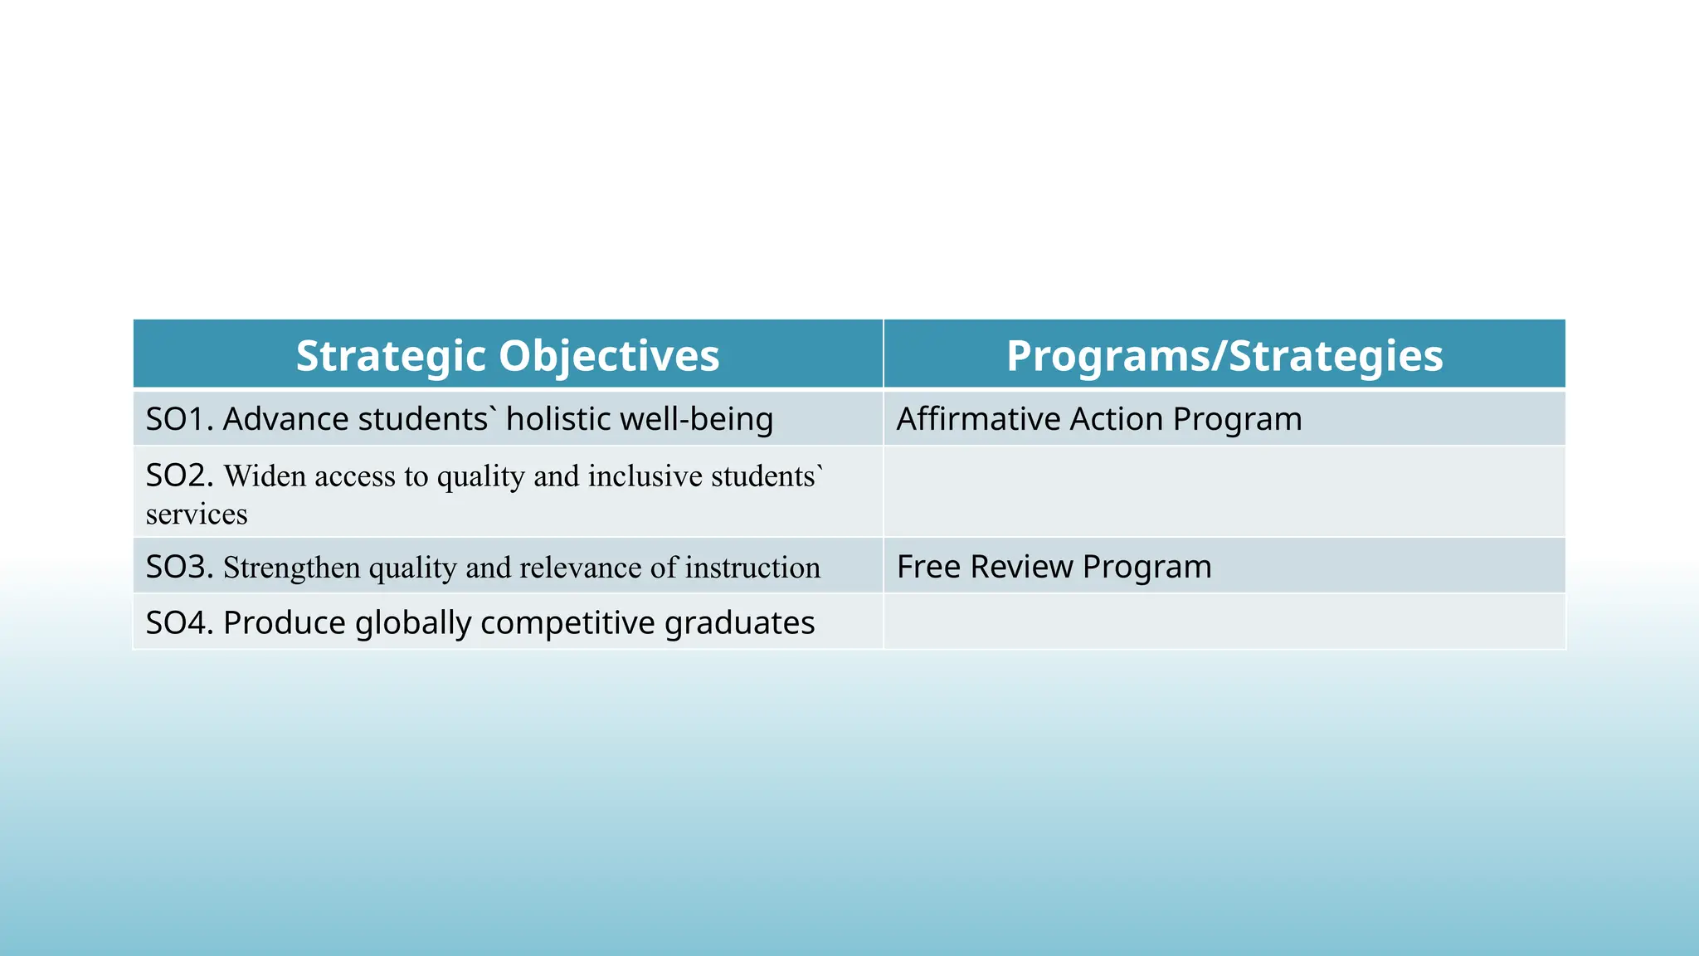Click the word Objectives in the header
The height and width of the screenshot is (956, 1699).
click(609, 356)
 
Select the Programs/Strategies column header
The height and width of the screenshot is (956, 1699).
click(1224, 356)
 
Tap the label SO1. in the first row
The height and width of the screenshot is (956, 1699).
click(179, 419)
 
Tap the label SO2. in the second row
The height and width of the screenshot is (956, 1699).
click(179, 476)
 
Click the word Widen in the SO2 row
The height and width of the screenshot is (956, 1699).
click(265, 476)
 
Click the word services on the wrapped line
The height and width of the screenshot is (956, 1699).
click(197, 515)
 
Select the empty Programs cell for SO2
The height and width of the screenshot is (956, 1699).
click(1224, 491)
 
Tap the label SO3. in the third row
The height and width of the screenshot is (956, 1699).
click(179, 567)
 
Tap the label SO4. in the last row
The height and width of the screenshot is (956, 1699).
click(179, 622)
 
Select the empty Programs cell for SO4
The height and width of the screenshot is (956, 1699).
click(1224, 622)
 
